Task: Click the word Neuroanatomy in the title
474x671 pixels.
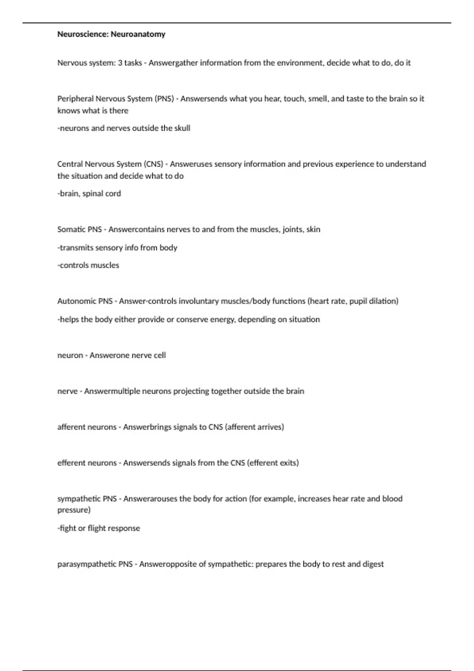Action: [x=138, y=34]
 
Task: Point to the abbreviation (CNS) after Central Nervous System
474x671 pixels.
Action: [x=154, y=164]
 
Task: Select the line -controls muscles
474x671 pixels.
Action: [x=88, y=265]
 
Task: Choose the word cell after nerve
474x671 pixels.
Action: [x=160, y=355]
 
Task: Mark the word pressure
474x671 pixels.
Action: [x=73, y=510]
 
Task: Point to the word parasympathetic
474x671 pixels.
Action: [x=87, y=564]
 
